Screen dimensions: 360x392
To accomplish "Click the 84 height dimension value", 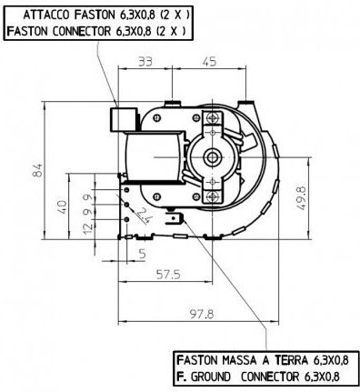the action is click(x=38, y=170).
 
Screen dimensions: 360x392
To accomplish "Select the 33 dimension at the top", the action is click(x=145, y=62).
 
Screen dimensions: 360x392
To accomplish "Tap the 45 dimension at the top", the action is click(x=209, y=62).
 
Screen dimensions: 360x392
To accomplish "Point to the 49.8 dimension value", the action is click(x=302, y=197).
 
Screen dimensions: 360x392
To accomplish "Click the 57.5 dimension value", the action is click(x=168, y=275).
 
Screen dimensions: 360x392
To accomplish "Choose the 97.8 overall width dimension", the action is click(x=202, y=314).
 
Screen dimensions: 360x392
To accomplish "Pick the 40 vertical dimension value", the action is click(x=62, y=206).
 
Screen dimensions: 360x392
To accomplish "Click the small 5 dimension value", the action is click(x=142, y=254).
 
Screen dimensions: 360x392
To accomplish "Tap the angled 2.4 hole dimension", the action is click(x=144, y=216).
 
